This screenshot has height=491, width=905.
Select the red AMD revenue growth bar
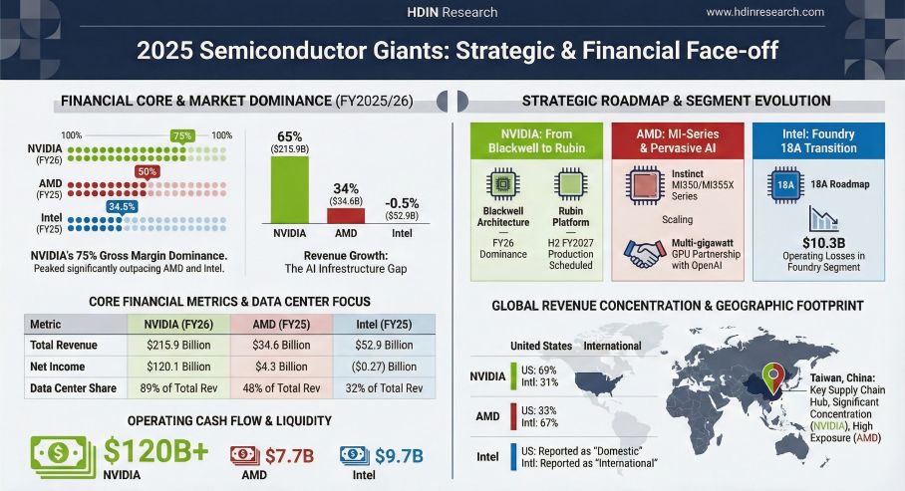(346, 214)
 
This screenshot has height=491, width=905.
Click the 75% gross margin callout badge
(181, 135)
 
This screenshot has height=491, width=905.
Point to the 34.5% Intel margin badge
(122, 206)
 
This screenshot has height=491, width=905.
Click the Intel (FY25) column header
(383, 325)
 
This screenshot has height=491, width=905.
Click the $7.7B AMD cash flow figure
(289, 456)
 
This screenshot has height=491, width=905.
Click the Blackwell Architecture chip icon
(502, 186)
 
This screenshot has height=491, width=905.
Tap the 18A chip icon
(785, 184)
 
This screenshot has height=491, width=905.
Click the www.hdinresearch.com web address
(764, 12)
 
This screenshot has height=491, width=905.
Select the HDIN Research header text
(452, 12)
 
